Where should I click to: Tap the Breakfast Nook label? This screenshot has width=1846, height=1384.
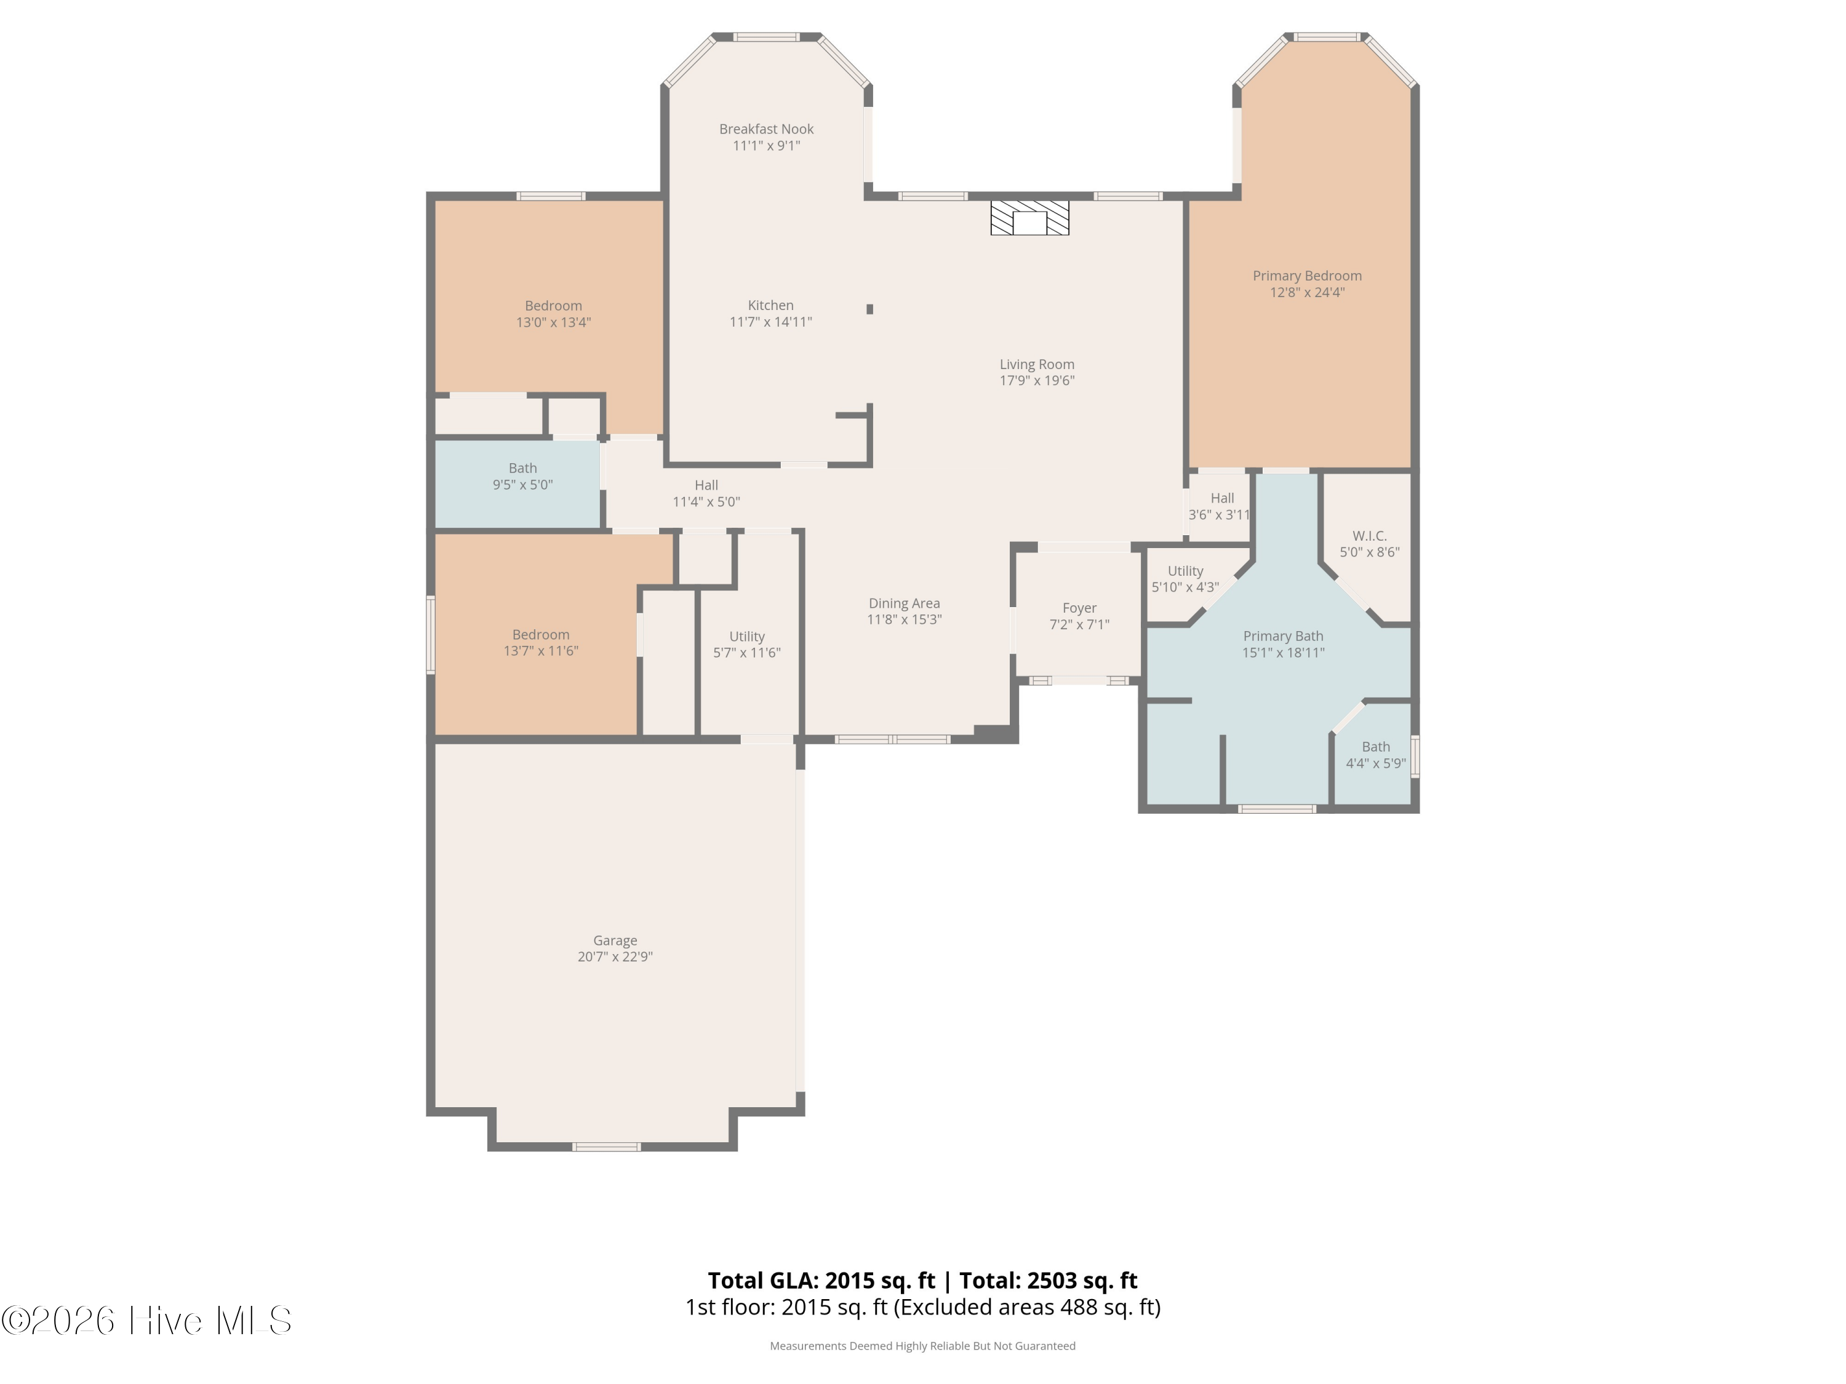[766, 129]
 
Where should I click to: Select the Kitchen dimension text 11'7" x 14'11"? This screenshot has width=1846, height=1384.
[770, 322]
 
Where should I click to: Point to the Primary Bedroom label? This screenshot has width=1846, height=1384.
[1307, 276]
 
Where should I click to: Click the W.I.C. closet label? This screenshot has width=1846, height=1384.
[1370, 536]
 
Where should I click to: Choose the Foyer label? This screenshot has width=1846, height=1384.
[1079, 608]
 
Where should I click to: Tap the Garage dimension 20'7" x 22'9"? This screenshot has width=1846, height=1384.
[615, 957]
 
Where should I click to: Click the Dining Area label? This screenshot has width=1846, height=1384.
[904, 603]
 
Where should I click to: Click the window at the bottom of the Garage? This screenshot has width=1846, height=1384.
[607, 1147]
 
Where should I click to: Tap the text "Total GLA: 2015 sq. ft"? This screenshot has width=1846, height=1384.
[821, 1281]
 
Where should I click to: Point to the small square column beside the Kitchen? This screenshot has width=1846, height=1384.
[869, 309]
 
